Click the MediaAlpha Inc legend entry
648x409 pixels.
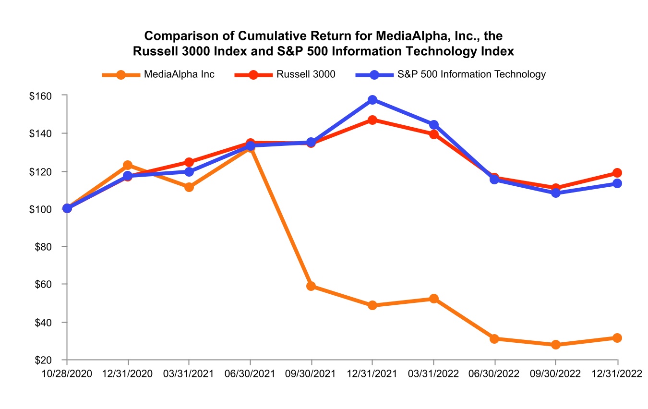point(158,74)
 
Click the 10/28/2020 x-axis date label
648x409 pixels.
point(67,373)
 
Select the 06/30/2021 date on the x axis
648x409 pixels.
point(250,373)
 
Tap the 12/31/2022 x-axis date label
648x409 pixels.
point(617,373)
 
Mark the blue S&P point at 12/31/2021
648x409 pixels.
point(372,100)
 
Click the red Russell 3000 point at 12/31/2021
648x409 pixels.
point(372,120)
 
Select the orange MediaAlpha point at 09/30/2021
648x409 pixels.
point(311,286)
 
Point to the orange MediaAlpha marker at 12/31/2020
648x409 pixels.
point(128,165)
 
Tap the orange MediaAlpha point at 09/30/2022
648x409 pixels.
point(556,345)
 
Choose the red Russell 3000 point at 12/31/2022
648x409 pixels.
point(617,173)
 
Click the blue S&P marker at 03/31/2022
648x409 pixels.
point(434,125)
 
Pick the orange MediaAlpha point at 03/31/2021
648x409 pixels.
point(189,187)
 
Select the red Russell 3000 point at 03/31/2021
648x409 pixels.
point(189,162)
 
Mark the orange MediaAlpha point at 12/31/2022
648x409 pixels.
point(617,338)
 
